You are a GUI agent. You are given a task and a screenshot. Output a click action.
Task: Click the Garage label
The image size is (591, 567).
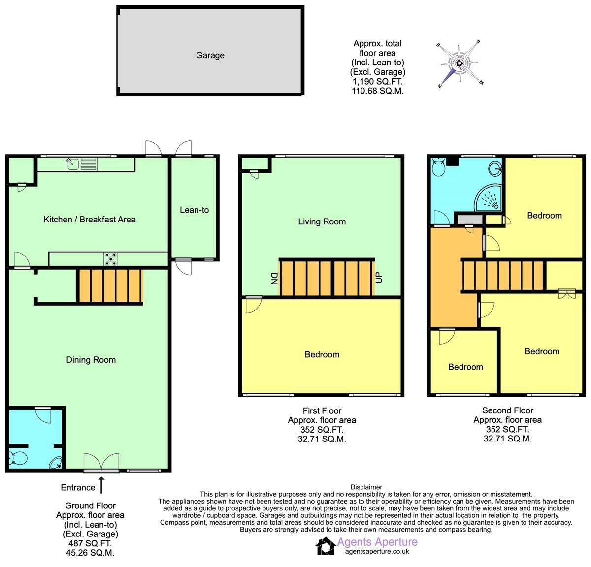tap(210, 55)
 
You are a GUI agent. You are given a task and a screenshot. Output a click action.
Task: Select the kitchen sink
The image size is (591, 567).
tap(72, 163)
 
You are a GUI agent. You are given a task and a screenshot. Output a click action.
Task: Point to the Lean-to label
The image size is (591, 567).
tap(194, 210)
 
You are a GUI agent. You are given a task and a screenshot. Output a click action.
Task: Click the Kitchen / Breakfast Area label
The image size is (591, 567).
tap(90, 220)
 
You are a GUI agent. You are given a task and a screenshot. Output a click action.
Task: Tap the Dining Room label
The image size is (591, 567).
tap(91, 360)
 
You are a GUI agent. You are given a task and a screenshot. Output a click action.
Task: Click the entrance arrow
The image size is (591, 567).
tap(102, 484)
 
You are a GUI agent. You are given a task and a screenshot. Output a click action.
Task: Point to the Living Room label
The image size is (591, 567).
tap(322, 221)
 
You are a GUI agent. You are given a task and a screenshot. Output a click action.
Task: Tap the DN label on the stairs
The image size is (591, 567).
tap(274, 279)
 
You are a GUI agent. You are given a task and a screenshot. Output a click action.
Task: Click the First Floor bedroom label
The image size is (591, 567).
tap(322, 354)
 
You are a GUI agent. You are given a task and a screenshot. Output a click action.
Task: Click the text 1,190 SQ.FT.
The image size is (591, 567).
tap(377, 82)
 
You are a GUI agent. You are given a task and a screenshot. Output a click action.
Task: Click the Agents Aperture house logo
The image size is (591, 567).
tap(325, 546)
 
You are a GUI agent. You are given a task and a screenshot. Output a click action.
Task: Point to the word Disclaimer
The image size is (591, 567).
tap(366, 487)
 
